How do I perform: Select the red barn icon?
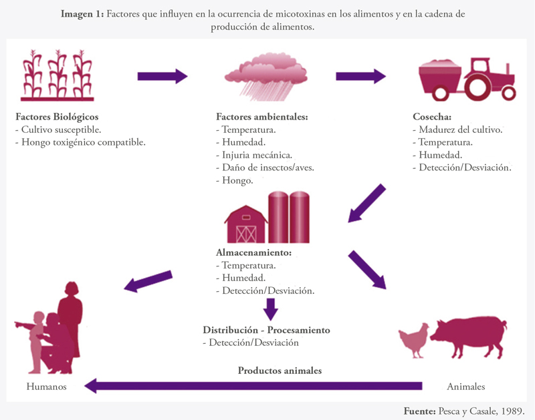[246, 224]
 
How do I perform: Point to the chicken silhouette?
[414, 340]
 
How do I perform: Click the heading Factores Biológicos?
[57, 117]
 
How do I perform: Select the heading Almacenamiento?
[254, 252]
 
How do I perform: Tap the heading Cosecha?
[432, 116]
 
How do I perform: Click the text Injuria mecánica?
[257, 155]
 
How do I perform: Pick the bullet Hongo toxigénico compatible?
[84, 142]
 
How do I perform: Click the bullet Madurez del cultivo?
[461, 130]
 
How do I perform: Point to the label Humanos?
[46, 386]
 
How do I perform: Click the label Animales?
[465, 386]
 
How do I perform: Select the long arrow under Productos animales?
[253, 386]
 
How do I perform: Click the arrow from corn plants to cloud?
[163, 76]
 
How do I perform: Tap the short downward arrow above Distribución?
[271, 309]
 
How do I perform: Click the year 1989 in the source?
[512, 411]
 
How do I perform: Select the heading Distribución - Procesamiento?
[266, 330]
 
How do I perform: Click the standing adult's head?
[72, 288]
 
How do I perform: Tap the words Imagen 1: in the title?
[82, 14]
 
